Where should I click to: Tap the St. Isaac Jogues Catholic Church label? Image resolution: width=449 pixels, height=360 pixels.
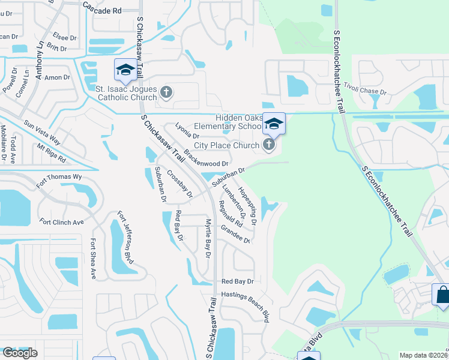pos(126,92)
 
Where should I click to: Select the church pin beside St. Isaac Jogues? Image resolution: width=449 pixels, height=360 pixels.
pos(167,92)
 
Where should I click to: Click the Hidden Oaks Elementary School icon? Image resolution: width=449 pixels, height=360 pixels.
pos(273,124)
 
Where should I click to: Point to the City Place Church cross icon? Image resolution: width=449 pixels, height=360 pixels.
pos(268,144)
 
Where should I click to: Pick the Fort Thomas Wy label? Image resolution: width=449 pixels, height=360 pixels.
pos(59,179)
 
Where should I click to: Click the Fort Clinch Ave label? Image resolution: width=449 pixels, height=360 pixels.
pos(62,222)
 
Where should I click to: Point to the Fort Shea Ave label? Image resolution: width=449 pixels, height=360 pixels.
pos(93,259)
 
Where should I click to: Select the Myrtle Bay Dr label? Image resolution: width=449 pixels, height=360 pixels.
pos(208,238)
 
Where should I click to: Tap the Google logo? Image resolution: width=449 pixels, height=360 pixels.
pos(20,353)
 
